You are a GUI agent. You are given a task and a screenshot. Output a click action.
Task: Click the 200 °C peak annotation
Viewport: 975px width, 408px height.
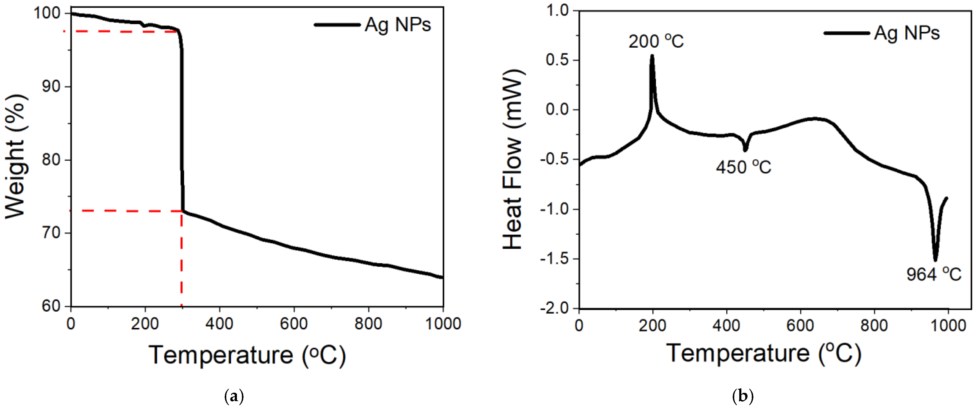coord(656,41)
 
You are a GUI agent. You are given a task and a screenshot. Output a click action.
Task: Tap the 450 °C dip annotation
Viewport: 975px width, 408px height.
coord(743,167)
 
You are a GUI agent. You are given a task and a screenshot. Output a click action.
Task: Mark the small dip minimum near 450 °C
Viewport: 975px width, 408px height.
coord(745,150)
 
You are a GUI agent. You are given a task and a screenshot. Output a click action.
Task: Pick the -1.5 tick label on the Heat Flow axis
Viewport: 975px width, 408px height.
coord(555,259)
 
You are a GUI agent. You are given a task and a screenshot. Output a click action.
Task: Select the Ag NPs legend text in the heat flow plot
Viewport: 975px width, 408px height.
coord(907,33)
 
